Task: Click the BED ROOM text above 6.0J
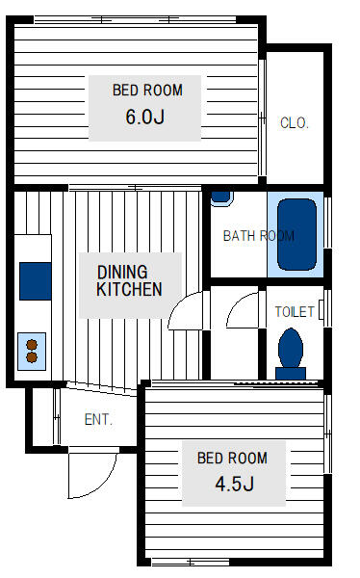pyautogui.click(x=147, y=91)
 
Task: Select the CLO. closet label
pyautogui.click(x=294, y=122)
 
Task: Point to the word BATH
pyautogui.click(x=238, y=235)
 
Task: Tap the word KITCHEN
pyautogui.click(x=128, y=289)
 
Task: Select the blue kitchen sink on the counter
pyautogui.click(x=36, y=279)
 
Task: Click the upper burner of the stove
pyautogui.click(x=32, y=343)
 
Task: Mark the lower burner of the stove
pyautogui.click(x=32, y=357)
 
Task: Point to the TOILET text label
pyautogui.click(x=295, y=312)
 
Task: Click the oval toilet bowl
pyautogui.click(x=290, y=348)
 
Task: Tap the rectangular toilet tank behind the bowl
pyautogui.click(x=290, y=372)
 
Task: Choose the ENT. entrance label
pyautogui.click(x=98, y=420)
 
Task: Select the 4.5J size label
pyautogui.click(x=234, y=484)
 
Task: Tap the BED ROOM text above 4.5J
pyautogui.click(x=232, y=458)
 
